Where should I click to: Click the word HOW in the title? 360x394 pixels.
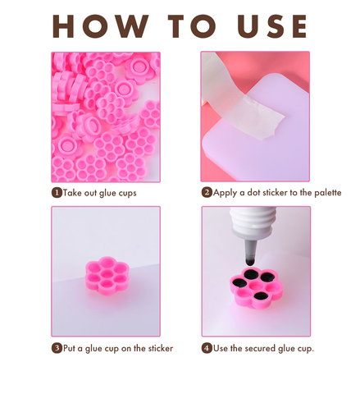tap(101, 26)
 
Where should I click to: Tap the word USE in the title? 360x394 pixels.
tap(272, 26)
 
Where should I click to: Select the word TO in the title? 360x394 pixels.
tap(192, 26)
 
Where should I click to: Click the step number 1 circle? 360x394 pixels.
tap(57, 193)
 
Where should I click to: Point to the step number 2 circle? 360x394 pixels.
tap(207, 192)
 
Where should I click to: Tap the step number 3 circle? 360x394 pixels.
tap(57, 348)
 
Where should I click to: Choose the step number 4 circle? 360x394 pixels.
tap(207, 348)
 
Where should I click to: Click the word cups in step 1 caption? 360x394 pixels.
tap(127, 194)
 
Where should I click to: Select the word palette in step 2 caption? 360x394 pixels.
tap(328, 193)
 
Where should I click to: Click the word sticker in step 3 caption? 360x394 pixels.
tap(161, 348)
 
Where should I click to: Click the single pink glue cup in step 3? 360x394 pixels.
tap(107, 276)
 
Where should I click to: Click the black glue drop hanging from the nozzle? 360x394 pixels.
tap(250, 262)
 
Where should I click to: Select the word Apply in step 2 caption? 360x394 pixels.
tap(225, 193)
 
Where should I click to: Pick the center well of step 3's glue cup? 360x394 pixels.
tap(107, 274)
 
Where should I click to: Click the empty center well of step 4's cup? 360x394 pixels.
tap(256, 286)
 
